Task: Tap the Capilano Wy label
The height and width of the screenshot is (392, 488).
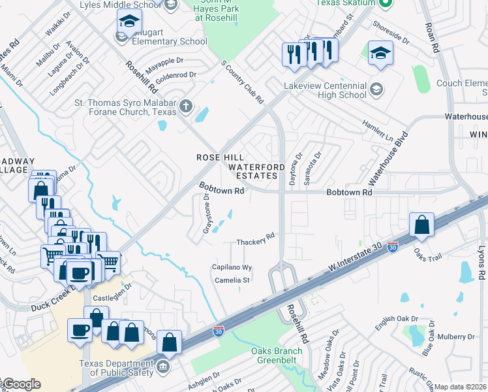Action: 232,267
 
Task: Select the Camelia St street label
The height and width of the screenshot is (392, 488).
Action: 233,280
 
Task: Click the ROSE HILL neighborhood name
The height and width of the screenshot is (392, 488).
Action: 221,157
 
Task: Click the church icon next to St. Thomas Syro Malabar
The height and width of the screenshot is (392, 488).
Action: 185,106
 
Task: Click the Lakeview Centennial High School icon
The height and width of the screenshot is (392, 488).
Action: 376,88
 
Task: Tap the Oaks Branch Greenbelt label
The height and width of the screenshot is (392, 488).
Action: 277,355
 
